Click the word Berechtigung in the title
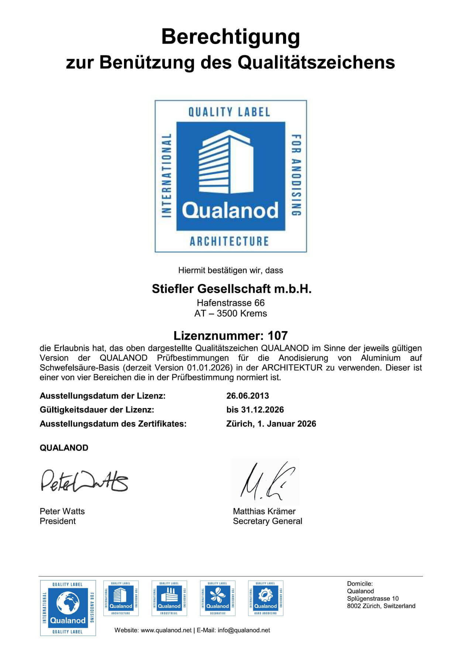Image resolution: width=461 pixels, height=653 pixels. click(230, 37)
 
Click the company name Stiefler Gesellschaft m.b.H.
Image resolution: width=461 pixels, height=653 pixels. click(232, 289)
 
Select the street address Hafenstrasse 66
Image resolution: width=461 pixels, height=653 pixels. click(230, 303)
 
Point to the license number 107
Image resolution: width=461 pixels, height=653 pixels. click(278, 336)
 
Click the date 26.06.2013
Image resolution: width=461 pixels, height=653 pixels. click(248, 396)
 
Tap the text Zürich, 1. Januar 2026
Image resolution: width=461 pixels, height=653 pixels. click(271, 424)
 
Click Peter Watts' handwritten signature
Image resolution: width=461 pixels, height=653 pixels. click(84, 481)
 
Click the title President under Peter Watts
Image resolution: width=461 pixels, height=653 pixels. click(58, 521)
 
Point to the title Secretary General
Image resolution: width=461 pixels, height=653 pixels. click(268, 521)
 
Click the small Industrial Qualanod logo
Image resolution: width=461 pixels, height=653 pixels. click(169, 598)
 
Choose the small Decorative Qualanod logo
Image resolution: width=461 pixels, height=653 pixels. click(217, 598)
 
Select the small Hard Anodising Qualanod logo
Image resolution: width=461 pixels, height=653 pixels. click(265, 598)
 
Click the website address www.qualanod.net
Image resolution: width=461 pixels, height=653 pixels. click(166, 630)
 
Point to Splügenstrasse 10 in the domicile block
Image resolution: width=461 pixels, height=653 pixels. click(373, 599)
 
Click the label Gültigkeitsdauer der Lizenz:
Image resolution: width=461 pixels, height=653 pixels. click(97, 410)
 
